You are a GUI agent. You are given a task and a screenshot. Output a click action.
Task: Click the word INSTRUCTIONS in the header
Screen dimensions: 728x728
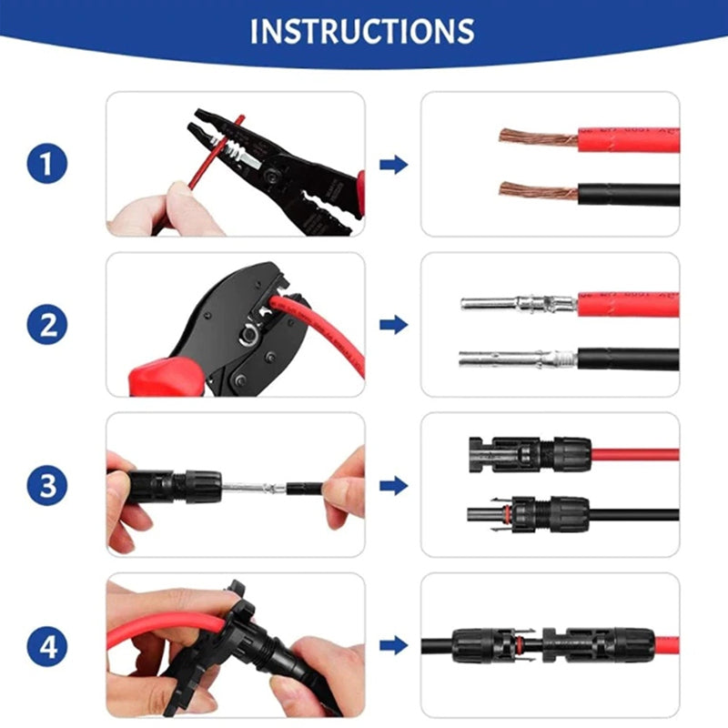coord(362,31)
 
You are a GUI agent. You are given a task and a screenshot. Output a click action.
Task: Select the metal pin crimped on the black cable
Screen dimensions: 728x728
coord(515,359)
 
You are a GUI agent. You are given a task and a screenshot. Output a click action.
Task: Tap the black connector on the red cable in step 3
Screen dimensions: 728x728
coord(528,452)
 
